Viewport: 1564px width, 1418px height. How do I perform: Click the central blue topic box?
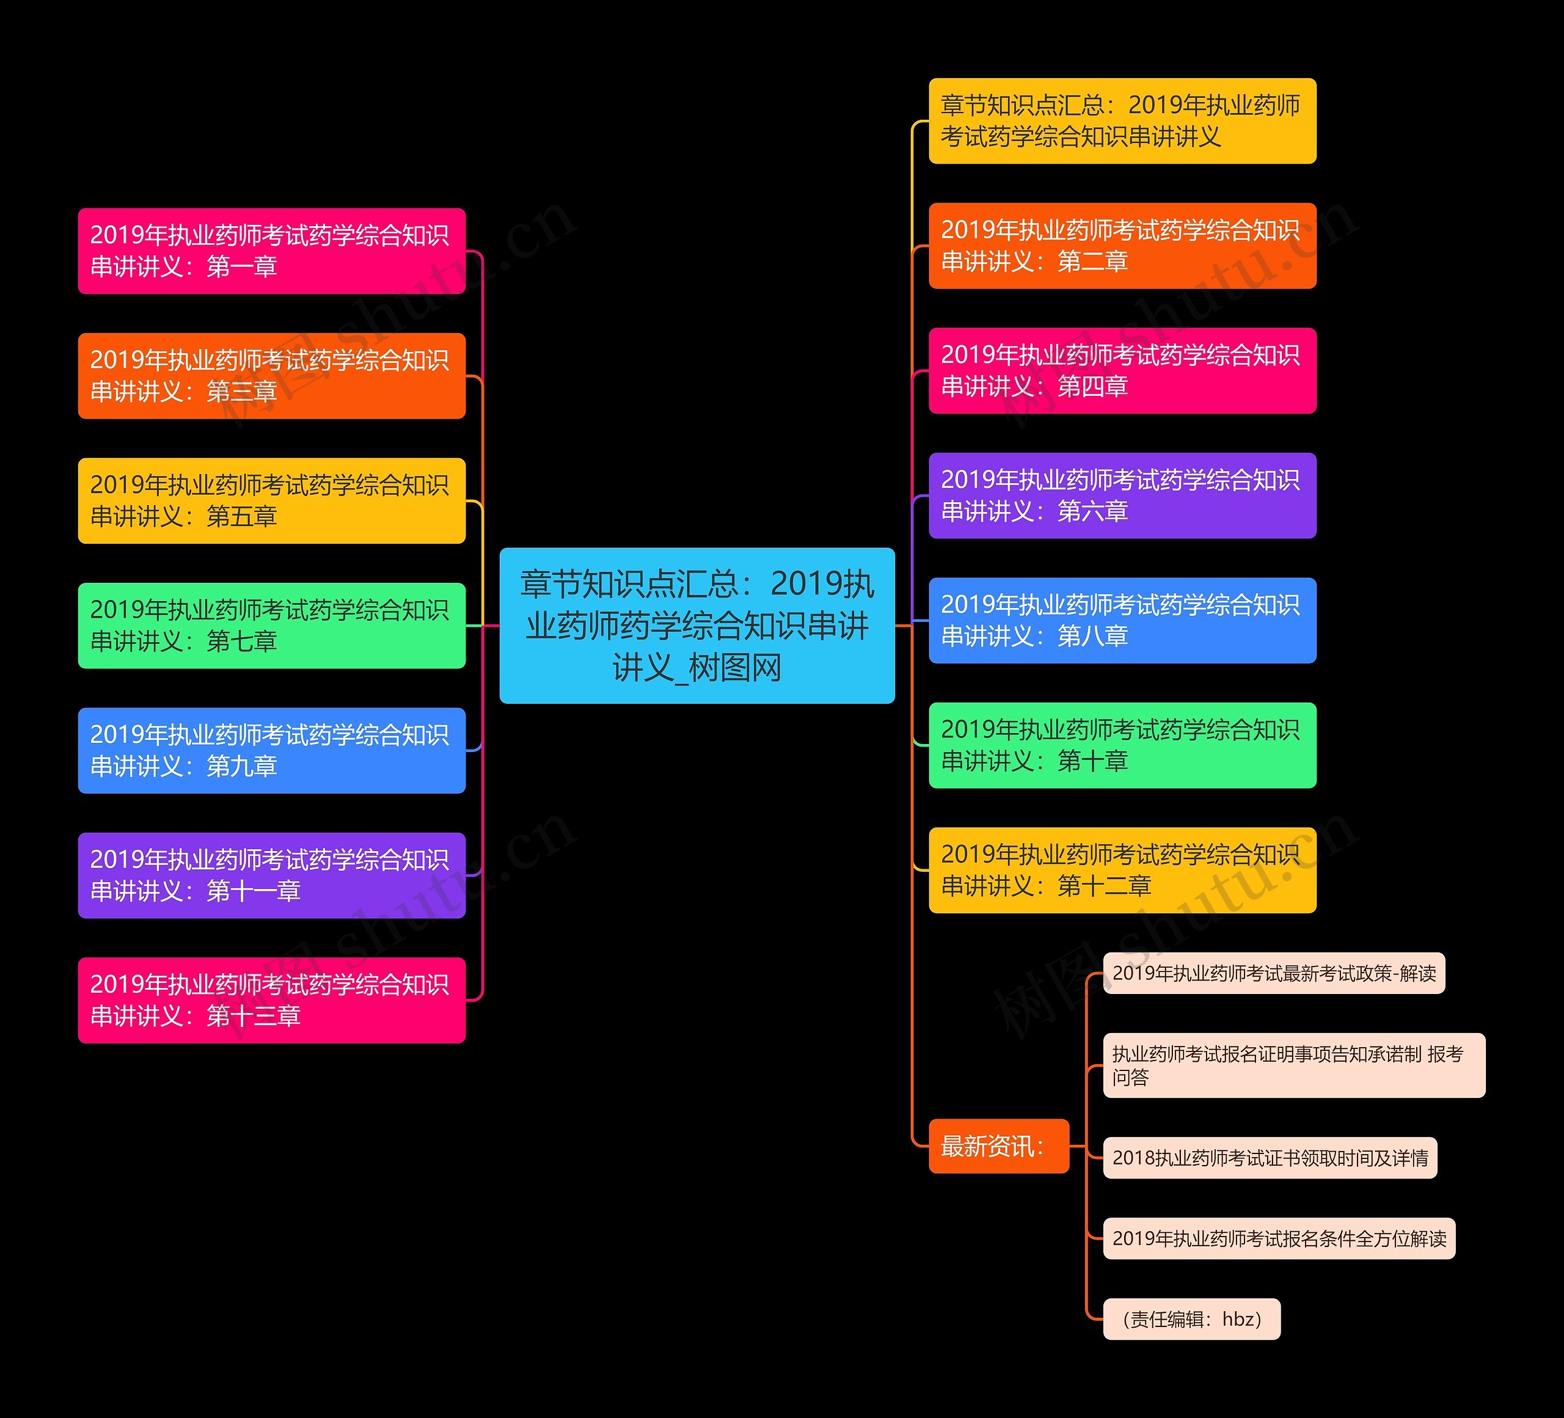[x=696, y=625]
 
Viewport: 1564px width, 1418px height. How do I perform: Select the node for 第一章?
[x=271, y=250]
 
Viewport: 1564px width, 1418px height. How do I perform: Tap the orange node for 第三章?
[x=271, y=376]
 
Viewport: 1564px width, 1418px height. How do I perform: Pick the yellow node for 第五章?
[x=271, y=500]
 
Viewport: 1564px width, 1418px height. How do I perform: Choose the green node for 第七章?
[x=271, y=625]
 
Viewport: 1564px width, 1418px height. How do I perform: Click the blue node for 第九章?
[x=271, y=750]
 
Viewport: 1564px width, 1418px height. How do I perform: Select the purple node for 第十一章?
[x=271, y=875]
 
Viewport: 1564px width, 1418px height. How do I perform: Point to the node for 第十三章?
[x=271, y=1000]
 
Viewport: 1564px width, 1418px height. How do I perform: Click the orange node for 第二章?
[x=1122, y=246]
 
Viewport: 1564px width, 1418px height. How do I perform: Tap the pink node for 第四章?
[x=1122, y=371]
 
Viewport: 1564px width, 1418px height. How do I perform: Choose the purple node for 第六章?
[x=1122, y=495]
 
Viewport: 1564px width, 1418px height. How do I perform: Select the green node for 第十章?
[x=1122, y=745]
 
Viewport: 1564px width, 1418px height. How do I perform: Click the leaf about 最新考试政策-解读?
[x=1274, y=973]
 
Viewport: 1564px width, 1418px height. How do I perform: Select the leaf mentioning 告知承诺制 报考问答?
[x=1294, y=1065]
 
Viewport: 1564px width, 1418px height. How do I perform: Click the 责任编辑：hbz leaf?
[x=1191, y=1318]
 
